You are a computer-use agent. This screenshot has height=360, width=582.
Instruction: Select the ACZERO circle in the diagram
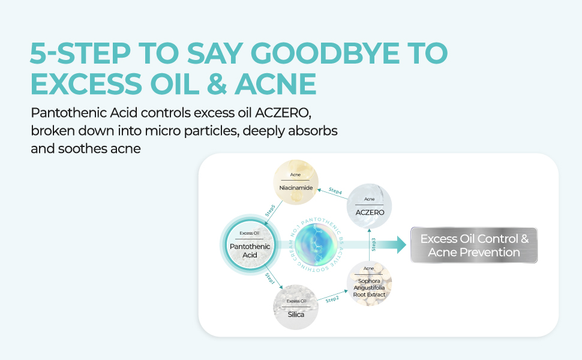coord(370,206)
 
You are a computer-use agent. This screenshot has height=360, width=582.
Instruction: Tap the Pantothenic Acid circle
coord(249,246)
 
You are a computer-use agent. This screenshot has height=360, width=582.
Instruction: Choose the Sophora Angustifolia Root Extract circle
coord(369,284)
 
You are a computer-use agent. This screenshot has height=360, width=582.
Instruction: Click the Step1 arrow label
coord(271,279)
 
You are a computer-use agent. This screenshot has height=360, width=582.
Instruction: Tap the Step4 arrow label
coord(334,191)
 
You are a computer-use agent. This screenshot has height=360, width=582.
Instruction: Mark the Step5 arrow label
coord(270,211)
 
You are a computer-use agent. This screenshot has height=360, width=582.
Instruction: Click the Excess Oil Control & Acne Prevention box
coord(474,245)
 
